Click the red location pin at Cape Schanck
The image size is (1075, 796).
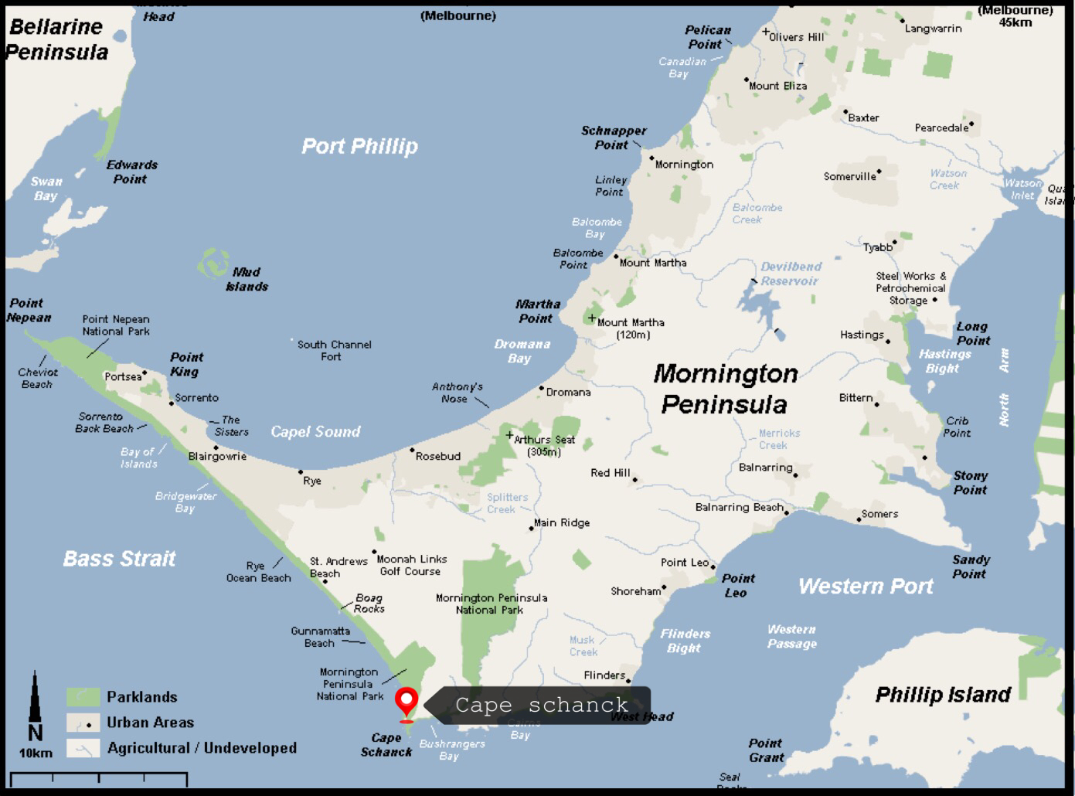(x=407, y=702)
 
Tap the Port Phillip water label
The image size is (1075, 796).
(x=359, y=146)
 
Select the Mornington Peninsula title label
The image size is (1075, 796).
(x=725, y=389)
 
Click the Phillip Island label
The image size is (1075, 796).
(x=942, y=695)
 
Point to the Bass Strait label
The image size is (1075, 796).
(x=119, y=559)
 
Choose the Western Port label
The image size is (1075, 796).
(x=866, y=587)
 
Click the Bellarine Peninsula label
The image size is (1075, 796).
(x=56, y=39)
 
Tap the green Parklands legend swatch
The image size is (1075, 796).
(x=83, y=697)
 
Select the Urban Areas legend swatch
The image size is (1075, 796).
(x=83, y=723)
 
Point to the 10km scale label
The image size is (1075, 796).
(x=36, y=753)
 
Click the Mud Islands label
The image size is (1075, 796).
(x=247, y=279)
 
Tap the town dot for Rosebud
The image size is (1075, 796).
(x=412, y=450)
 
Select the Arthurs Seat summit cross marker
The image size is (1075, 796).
(x=509, y=436)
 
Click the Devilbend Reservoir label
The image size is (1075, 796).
(x=790, y=274)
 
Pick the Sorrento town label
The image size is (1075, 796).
(x=196, y=398)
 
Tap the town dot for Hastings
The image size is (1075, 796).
(x=887, y=341)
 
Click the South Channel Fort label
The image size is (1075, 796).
(x=334, y=350)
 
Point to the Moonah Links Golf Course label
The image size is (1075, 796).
(x=411, y=565)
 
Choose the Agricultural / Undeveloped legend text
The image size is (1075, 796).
(x=202, y=748)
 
